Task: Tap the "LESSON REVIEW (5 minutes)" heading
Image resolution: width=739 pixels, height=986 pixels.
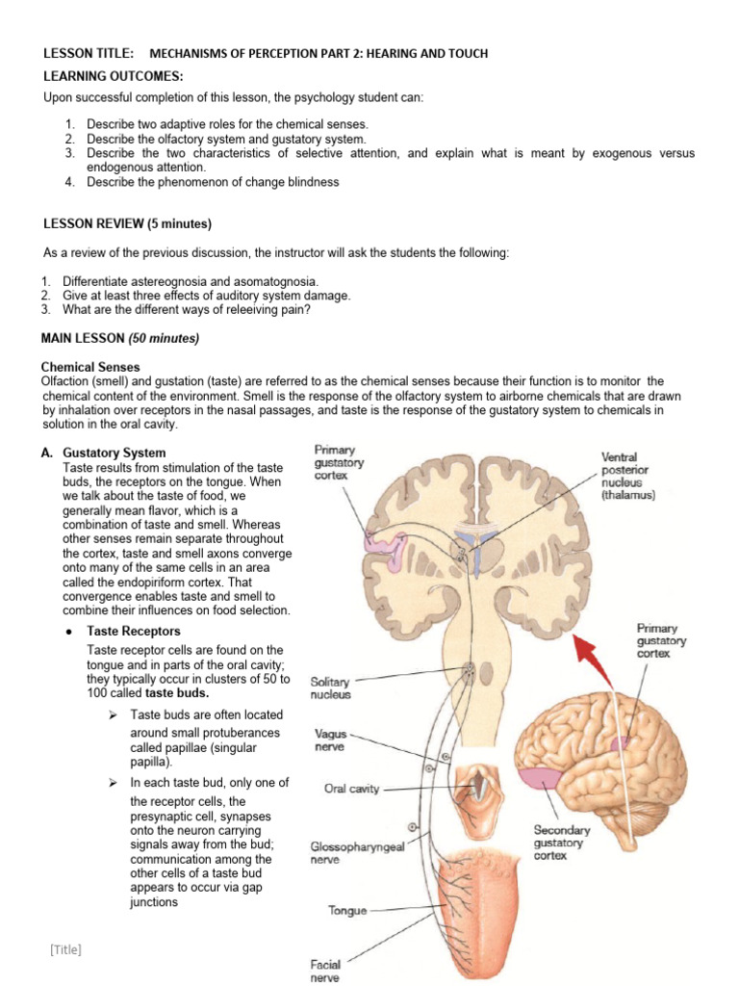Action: click(x=127, y=224)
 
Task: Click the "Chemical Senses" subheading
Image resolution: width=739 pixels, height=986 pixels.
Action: click(x=89, y=367)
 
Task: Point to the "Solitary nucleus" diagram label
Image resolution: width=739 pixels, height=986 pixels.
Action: click(x=330, y=688)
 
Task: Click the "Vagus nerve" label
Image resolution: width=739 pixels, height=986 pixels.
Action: click(x=331, y=740)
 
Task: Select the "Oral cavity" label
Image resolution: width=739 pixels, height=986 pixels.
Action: click(x=351, y=789)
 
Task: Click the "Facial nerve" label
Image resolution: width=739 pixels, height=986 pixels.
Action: click(x=325, y=971)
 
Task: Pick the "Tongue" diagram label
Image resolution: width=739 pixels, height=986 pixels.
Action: click(x=347, y=910)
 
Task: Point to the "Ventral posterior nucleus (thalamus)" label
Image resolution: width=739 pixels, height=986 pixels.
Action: click(x=627, y=476)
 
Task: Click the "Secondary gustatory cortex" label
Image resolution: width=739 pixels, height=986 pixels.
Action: click(x=561, y=843)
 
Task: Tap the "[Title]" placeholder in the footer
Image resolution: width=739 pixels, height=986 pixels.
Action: click(x=65, y=950)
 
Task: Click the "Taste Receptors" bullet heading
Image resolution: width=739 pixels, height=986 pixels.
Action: click(x=133, y=631)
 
